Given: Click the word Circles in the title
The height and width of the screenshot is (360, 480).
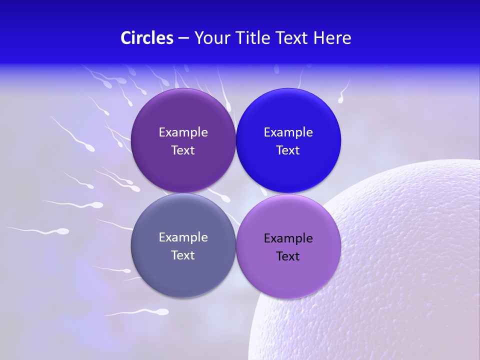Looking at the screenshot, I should [x=146, y=38].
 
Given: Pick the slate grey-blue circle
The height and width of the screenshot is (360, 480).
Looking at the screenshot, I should [x=183, y=272].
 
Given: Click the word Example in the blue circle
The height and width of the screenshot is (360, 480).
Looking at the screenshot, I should [x=288, y=132].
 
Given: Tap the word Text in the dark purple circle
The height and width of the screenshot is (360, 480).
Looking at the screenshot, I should [x=183, y=150].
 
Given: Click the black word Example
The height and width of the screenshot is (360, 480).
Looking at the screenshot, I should [x=288, y=238].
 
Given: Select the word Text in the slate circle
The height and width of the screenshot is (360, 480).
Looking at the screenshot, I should [x=183, y=255].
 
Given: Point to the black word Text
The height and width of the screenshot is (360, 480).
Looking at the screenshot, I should [x=288, y=256].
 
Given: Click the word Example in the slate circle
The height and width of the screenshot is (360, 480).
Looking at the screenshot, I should [x=183, y=237].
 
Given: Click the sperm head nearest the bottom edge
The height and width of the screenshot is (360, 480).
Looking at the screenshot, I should [x=162, y=312].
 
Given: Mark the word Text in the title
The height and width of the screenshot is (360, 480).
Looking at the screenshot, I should [x=292, y=38].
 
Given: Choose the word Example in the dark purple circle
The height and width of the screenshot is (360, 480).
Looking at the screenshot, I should [x=183, y=132].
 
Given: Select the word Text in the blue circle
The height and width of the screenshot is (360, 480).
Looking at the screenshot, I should [x=288, y=150].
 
